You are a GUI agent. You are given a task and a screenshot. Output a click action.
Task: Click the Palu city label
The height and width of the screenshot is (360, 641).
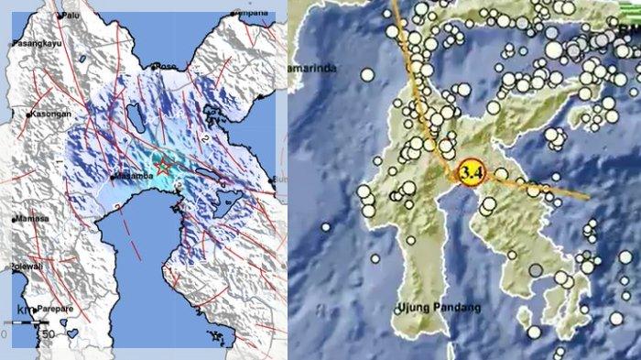[71, 16]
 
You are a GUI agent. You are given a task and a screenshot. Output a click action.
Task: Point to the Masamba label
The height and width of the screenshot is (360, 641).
[131, 177]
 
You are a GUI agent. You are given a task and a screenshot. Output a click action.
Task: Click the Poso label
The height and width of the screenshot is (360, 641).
[167, 66]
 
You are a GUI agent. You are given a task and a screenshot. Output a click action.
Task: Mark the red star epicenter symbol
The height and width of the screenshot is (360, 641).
[163, 167]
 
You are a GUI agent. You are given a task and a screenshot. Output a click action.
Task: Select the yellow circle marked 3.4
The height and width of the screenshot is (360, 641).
[471, 171]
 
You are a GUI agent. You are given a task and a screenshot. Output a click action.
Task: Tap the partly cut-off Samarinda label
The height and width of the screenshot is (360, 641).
[311, 70]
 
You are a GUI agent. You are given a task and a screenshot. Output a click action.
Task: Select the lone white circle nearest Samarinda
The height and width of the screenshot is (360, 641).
[367, 75]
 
